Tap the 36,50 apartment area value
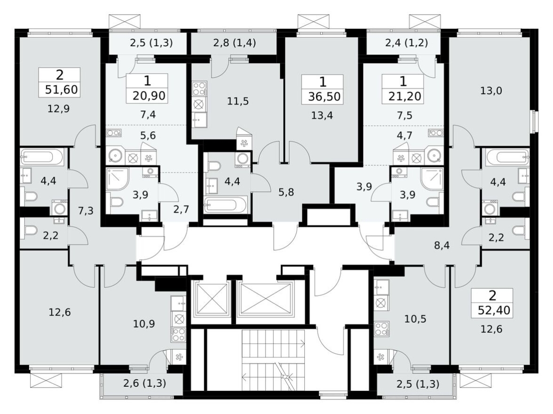click(323, 97)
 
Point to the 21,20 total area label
click(403, 96)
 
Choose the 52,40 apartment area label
click(492, 310)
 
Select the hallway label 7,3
click(85, 210)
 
